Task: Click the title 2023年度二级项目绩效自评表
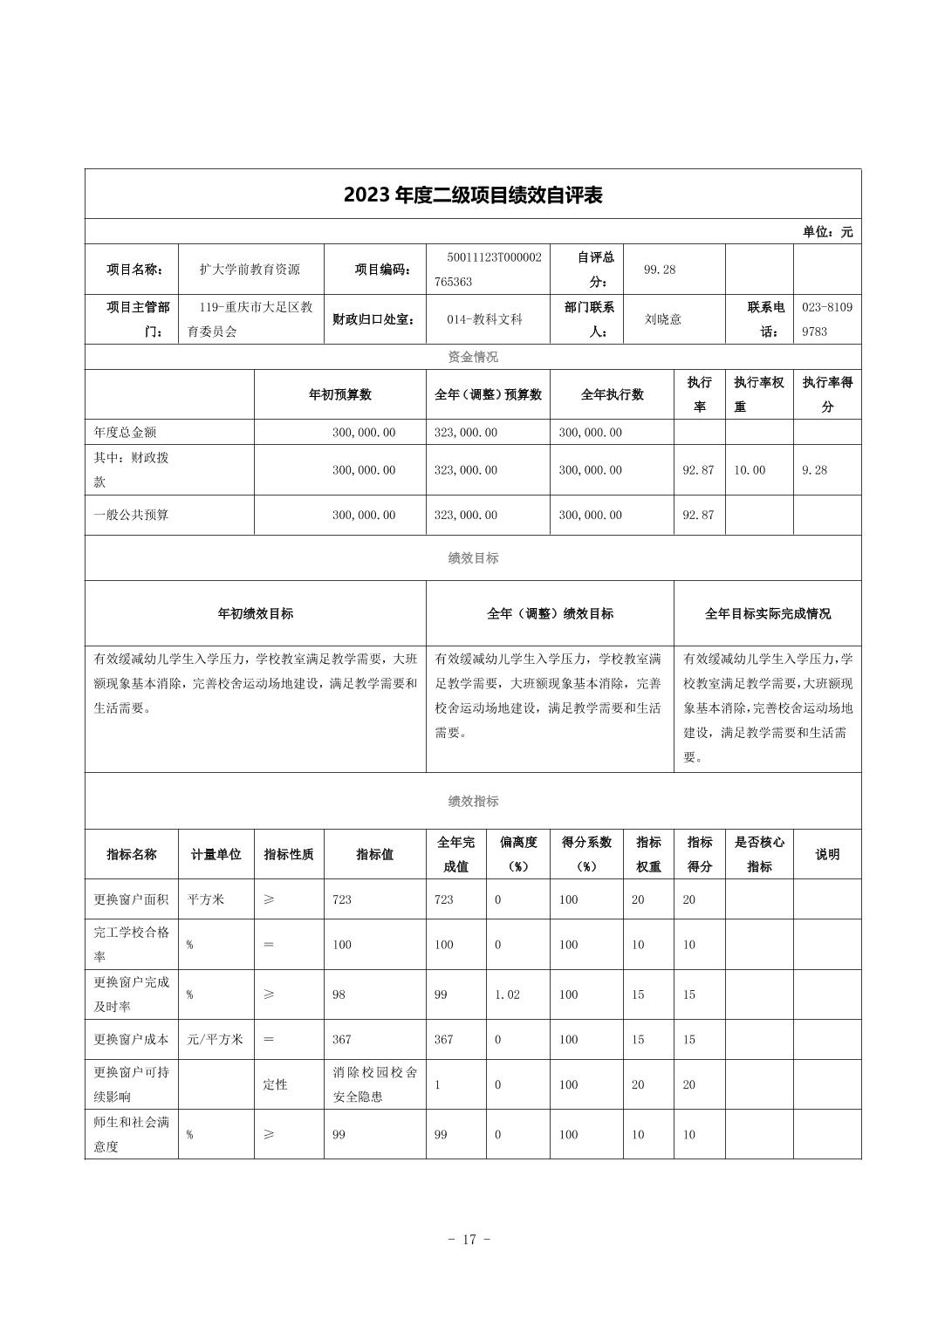pos(473,195)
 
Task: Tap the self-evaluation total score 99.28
pos(660,270)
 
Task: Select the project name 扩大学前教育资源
pos(250,270)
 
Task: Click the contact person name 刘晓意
pos(662,319)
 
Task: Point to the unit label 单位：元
pos(827,232)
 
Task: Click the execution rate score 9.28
pos(814,470)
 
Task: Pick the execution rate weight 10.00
pos(749,470)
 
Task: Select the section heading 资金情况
pos(473,357)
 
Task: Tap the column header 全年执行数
pos(612,394)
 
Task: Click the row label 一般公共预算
pos(132,515)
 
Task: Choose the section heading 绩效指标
pos(473,801)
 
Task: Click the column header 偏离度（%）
pos(517,854)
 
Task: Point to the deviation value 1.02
pos(507,994)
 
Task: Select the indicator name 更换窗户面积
pos(131,899)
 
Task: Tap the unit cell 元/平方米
pos(215,1039)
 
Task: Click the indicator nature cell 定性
pos(275,1084)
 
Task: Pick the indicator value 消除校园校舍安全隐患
pos(374,1084)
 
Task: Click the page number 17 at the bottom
pos(469,1240)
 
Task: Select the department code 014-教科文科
pos(484,319)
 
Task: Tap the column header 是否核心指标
pos(759,854)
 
